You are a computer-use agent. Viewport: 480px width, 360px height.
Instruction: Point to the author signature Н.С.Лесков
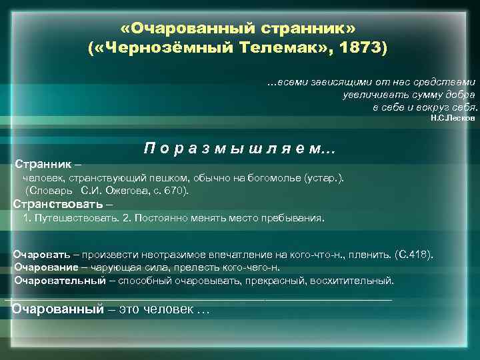point(453,117)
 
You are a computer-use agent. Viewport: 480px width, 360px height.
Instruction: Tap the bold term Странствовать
point(59,204)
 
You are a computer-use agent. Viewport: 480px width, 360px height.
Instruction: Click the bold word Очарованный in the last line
point(58,309)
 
